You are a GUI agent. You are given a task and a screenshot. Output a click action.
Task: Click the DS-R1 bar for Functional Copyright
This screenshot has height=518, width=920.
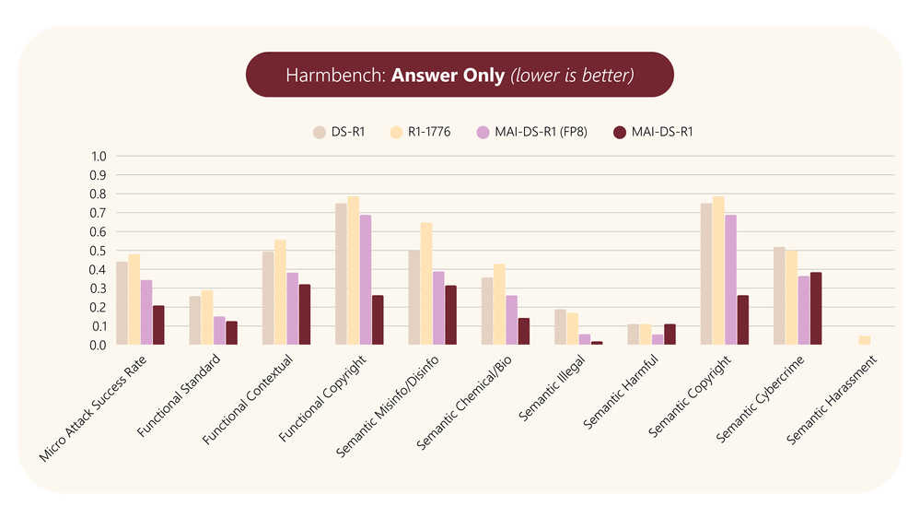[341, 274]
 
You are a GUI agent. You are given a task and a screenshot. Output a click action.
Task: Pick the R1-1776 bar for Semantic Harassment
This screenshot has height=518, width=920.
[864, 340]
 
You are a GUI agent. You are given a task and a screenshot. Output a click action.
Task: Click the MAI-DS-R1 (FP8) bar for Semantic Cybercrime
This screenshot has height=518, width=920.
[803, 311]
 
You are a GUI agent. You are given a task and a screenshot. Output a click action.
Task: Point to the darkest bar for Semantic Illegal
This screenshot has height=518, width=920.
[597, 343]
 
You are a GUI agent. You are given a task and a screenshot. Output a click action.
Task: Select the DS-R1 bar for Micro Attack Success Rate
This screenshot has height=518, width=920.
[122, 303]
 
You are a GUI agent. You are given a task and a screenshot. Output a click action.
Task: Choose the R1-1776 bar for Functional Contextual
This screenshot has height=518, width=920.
[280, 292]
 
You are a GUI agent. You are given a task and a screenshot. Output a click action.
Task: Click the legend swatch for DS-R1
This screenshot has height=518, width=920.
[320, 132]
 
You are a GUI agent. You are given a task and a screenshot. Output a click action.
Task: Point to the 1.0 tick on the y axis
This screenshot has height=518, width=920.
[98, 157]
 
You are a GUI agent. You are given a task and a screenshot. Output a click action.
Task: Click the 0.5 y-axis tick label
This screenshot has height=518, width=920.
[98, 251]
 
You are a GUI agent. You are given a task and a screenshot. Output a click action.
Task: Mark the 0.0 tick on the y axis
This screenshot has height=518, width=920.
[98, 345]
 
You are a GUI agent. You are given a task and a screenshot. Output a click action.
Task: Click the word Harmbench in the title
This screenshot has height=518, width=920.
[335, 75]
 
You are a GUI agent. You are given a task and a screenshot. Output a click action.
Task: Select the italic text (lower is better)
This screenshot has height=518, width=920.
[572, 75]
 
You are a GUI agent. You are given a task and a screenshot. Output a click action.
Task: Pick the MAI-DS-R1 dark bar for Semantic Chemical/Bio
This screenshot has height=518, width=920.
[523, 331]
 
